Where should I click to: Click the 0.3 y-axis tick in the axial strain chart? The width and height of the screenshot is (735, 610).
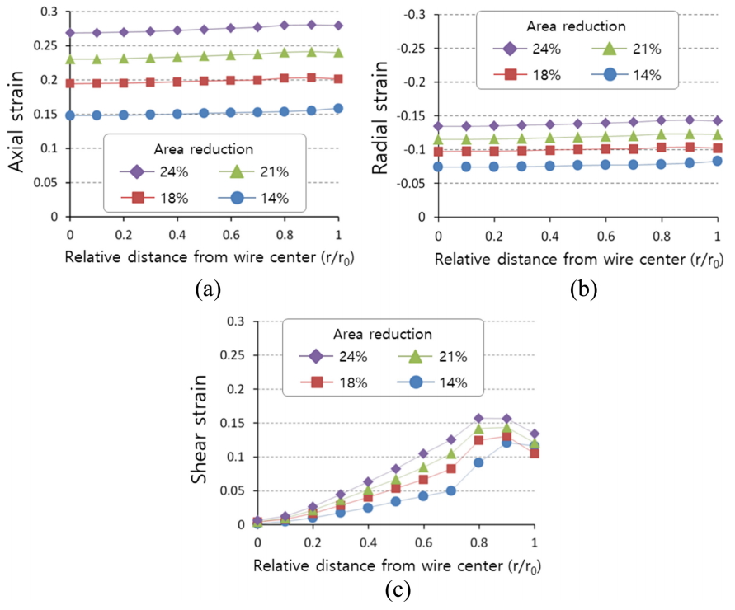(x=51, y=12)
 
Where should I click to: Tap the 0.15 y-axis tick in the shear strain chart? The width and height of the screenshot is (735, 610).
(x=234, y=423)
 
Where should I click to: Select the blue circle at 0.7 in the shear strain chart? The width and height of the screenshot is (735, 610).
(x=451, y=490)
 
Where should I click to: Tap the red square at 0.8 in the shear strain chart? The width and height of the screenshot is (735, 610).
(x=478, y=440)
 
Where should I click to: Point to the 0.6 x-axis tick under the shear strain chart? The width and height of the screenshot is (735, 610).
(x=423, y=543)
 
